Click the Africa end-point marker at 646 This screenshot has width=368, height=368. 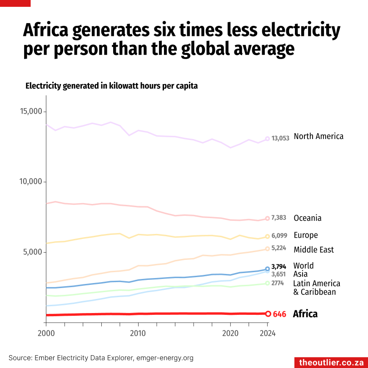268,314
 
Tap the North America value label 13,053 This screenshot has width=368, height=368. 280,139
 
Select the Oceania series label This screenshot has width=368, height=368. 308,218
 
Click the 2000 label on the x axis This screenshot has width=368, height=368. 46,333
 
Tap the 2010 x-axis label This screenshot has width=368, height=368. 138,333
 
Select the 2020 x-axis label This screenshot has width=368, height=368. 230,333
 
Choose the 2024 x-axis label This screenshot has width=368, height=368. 267,333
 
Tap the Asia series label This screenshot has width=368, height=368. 300,274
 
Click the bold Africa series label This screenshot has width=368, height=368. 305,314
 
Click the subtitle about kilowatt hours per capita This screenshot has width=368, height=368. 111,86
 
